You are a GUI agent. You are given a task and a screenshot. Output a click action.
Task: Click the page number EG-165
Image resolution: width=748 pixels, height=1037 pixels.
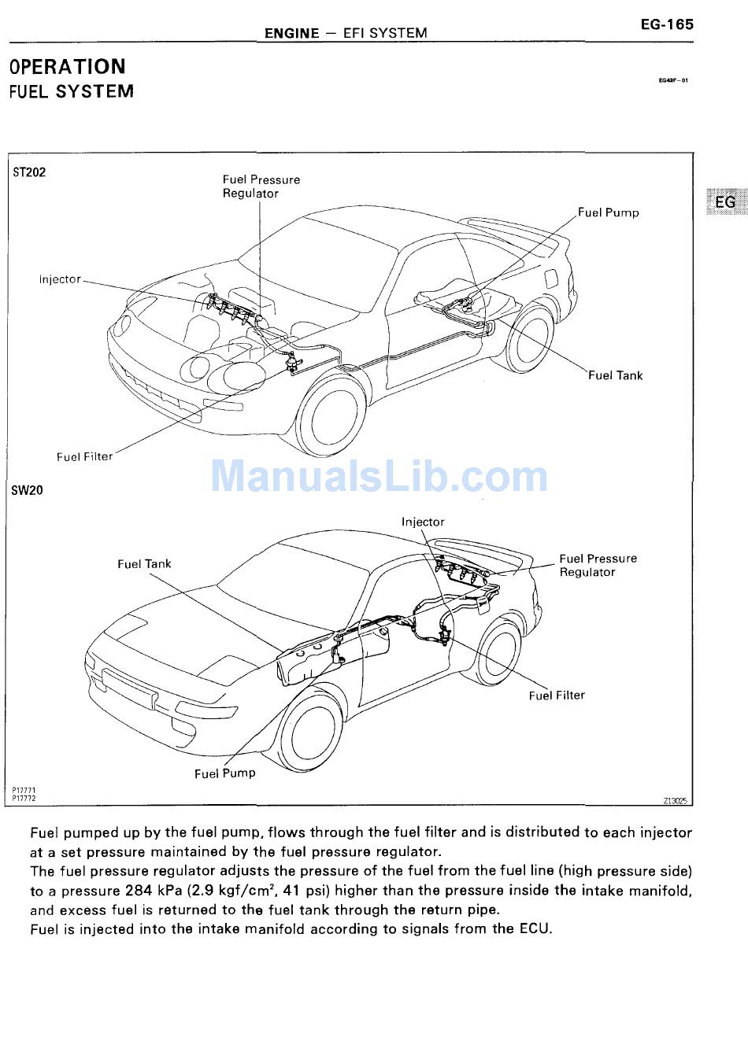pos(666,24)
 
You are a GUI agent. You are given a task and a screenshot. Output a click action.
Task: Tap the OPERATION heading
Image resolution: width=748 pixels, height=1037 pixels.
pos(67,67)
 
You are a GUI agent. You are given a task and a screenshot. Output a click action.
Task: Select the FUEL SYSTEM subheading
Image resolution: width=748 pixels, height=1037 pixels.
pos(71,92)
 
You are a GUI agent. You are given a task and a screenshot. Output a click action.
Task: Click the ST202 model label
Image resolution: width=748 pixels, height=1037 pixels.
pos(29,172)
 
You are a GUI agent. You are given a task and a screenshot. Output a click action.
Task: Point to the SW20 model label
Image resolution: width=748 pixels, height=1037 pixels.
pos(28,490)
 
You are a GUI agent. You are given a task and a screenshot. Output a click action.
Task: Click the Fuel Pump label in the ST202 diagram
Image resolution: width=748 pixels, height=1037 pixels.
pos(608,212)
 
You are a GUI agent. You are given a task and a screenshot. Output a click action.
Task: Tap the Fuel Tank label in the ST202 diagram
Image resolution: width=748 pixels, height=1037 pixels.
pos(615,375)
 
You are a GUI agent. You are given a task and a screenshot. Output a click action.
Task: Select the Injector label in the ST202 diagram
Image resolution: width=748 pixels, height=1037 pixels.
pos(60,279)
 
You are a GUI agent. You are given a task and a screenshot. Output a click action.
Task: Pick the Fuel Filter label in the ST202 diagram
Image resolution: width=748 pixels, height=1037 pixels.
pos(84,456)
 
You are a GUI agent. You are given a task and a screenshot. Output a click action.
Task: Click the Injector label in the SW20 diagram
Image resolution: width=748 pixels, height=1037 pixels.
pos(423,522)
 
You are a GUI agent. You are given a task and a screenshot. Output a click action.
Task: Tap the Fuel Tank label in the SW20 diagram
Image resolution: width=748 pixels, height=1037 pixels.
pos(144,563)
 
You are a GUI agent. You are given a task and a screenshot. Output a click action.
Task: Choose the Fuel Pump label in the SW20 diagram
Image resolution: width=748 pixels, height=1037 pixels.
pos(225,773)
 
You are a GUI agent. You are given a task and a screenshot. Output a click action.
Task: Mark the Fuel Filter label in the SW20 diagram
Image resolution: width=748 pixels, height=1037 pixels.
pos(557,696)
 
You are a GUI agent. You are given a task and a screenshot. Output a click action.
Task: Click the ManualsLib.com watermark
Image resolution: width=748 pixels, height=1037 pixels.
pos(379,476)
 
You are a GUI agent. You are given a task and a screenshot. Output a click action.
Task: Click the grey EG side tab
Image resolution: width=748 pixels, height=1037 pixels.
pos(724,201)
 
